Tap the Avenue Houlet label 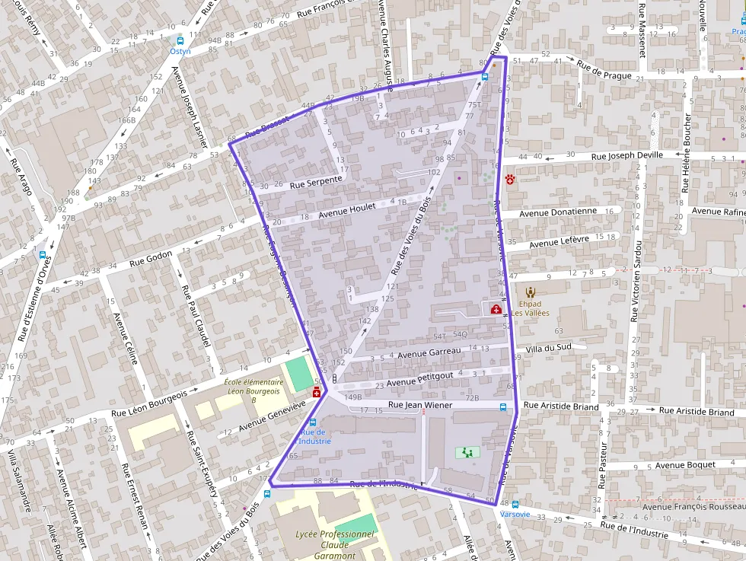347,210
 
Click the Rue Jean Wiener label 420,405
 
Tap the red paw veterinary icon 509,180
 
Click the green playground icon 463,452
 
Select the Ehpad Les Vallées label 530,308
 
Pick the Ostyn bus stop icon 180,41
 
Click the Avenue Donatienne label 559,212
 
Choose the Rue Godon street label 151,257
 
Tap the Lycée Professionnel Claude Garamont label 335,544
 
